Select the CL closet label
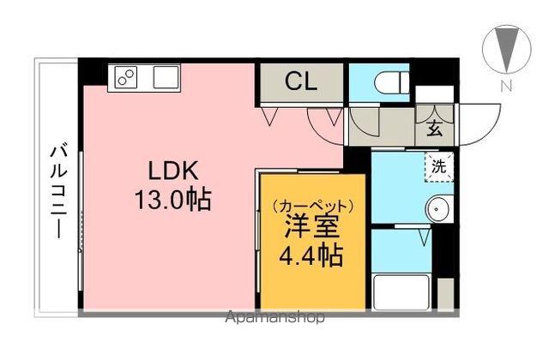coord(301,83)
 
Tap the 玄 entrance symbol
coord(434,130)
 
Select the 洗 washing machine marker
coord(438,167)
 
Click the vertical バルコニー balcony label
coord(57,190)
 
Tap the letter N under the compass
coord(507,86)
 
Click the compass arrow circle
coord(506,49)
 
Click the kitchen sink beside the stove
coord(165,76)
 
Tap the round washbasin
coord(439,207)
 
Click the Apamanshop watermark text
coord(274,318)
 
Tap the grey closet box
coord(301,83)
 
